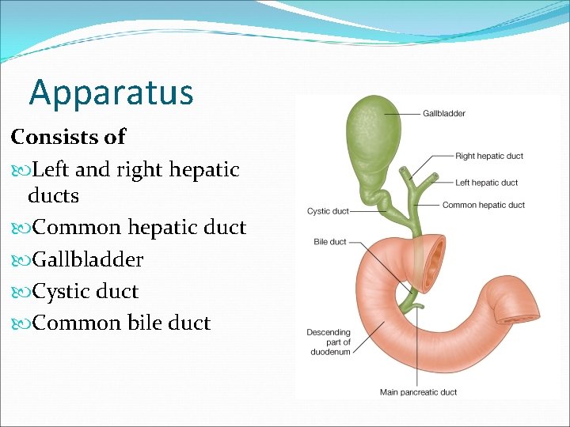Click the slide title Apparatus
coord(111,93)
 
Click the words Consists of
coord(68,137)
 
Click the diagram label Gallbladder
coord(444,114)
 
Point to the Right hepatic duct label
coord(488,156)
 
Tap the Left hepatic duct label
coord(486,183)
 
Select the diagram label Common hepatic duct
coord(483,206)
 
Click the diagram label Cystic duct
coord(328,211)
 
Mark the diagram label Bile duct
coord(331,241)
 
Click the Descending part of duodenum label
coord(328,342)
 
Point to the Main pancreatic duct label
coord(418,392)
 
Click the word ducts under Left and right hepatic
coord(53,195)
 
